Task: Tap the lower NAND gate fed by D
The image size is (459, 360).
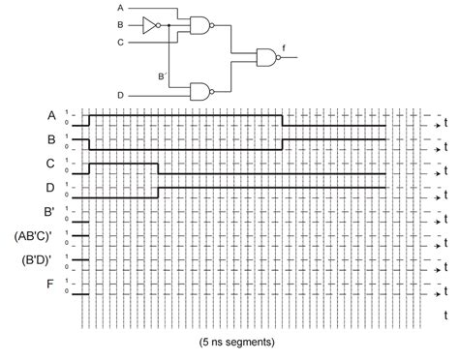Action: pos(200,93)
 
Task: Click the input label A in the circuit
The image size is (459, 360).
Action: pos(120,8)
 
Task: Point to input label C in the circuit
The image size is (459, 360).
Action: pos(120,42)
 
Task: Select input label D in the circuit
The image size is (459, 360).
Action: pos(120,95)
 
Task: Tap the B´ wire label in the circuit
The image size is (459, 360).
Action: pos(162,75)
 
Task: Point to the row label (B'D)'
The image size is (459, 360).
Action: pos(37,261)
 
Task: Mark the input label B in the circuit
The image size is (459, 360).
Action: pos(120,23)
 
